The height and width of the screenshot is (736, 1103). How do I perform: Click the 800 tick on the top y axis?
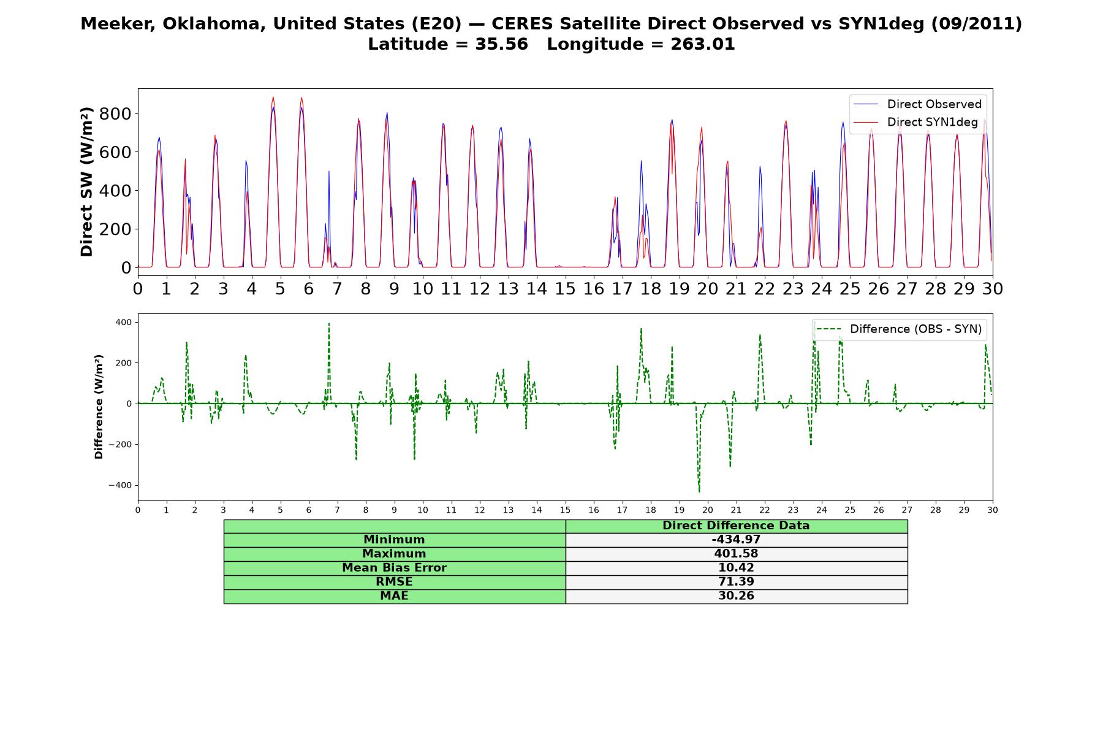pos(118,113)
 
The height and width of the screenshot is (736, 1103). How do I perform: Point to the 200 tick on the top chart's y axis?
pos(118,229)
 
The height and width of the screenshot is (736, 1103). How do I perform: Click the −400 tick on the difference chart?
pos(120,485)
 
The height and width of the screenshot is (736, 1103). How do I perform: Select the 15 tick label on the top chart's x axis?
pos(565,288)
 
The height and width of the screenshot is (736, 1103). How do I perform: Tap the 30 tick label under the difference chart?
pos(993,510)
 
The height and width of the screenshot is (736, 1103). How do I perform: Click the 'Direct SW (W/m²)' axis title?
pos(86,182)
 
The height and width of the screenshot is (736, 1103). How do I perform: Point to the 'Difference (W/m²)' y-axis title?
pos(99,407)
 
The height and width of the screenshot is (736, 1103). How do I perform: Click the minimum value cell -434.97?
pos(736,540)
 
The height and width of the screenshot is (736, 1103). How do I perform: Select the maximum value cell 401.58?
pos(736,554)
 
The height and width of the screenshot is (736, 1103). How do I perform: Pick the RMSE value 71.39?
pos(736,582)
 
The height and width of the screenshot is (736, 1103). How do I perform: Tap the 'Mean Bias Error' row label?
pos(394,568)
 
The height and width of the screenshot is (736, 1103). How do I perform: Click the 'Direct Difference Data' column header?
pos(736,526)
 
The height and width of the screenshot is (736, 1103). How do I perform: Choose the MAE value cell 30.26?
pos(736,596)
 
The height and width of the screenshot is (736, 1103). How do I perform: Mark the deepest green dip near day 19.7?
pos(699,491)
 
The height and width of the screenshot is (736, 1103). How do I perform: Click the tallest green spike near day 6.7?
pos(329,324)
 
